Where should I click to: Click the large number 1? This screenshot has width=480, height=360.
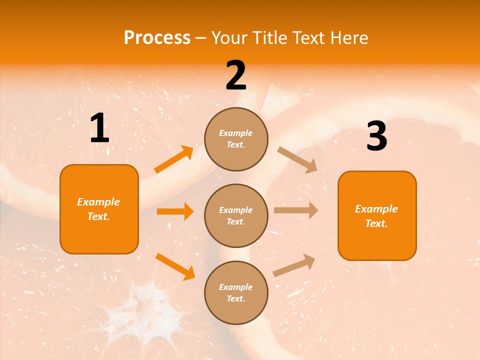pos(99,128)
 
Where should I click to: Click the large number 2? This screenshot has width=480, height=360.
pos(236,75)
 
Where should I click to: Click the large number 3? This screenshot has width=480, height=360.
pos(376,136)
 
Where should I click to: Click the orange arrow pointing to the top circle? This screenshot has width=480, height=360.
pos(174,159)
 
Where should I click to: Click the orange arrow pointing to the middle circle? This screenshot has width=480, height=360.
pos(175,211)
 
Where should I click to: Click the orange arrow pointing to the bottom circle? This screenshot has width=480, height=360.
pos(175,266)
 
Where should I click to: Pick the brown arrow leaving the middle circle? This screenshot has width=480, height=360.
pos(295,210)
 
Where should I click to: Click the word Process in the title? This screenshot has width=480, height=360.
pos(157,37)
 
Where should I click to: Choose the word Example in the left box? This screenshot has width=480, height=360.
pos(98,202)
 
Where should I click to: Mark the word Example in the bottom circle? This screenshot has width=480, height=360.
pos(236,287)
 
